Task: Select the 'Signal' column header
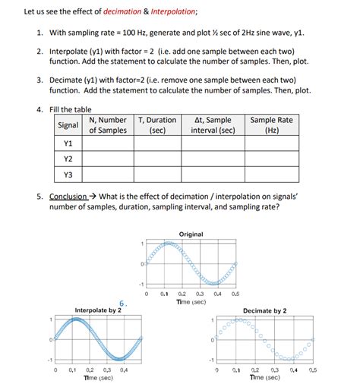(x=68, y=124)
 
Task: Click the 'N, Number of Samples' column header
(x=107, y=125)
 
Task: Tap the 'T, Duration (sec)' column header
(x=157, y=125)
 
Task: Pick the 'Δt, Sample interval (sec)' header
(x=213, y=125)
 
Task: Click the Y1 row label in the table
(x=68, y=143)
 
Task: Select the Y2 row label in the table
(x=68, y=159)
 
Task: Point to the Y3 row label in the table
(x=68, y=175)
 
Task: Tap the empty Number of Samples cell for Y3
(x=107, y=175)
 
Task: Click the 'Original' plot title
(x=191, y=234)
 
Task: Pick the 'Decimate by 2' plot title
(x=264, y=310)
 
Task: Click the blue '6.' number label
(x=122, y=304)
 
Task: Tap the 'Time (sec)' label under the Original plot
(x=191, y=301)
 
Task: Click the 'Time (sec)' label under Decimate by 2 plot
(x=264, y=377)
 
